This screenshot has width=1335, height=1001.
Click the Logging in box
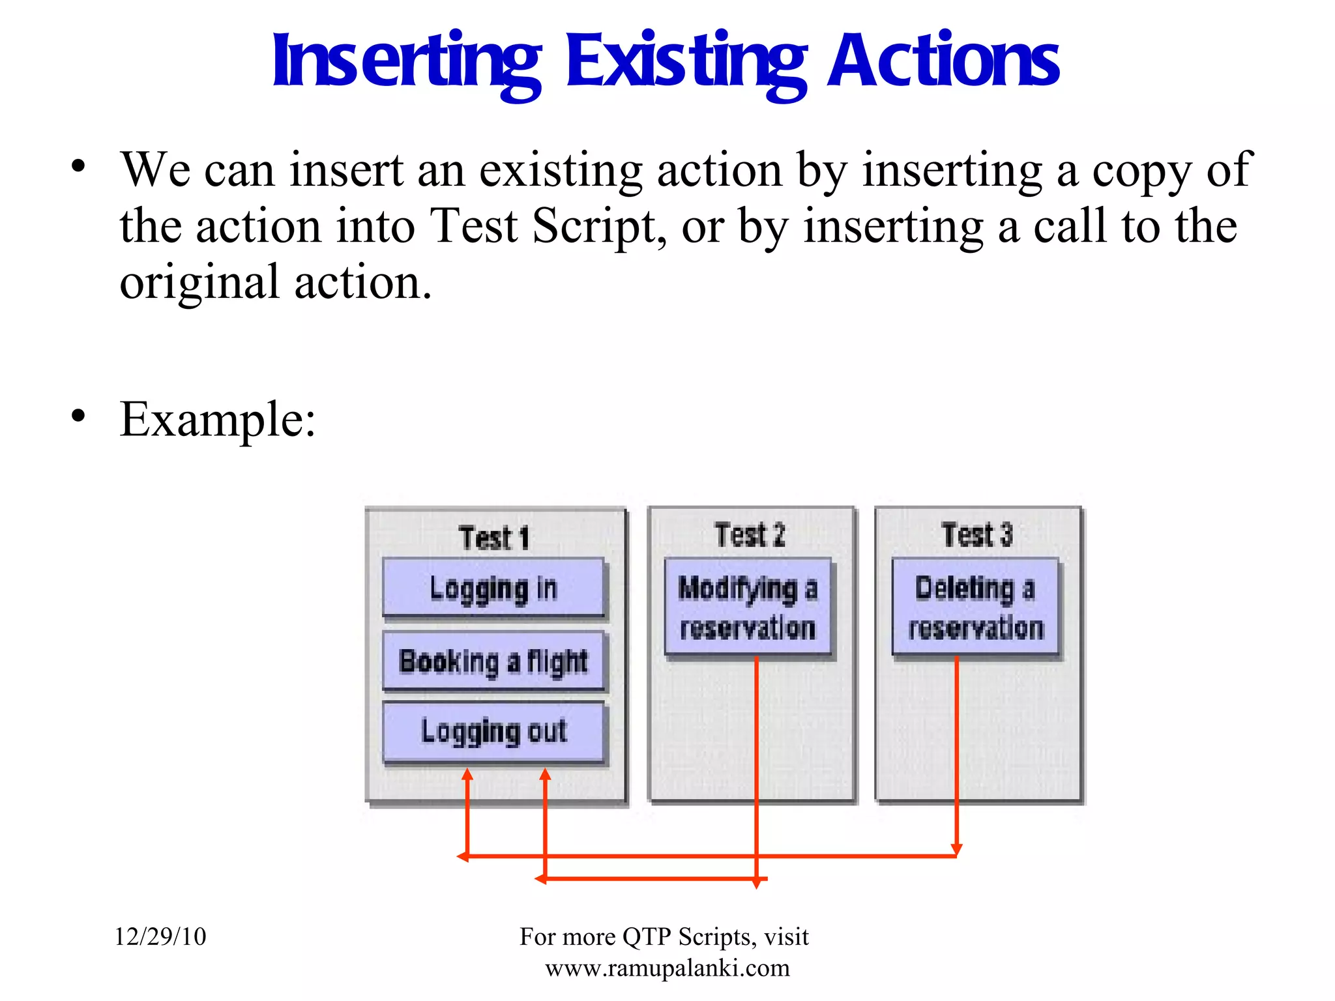pyautogui.click(x=493, y=587)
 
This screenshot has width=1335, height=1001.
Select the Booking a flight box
pyautogui.click(x=493, y=661)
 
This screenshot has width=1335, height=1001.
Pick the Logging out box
pyautogui.click(x=493, y=731)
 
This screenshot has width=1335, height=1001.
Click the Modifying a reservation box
pyautogui.click(x=748, y=607)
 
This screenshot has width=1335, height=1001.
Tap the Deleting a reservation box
pyautogui.click(x=975, y=607)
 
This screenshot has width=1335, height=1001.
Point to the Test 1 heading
pyautogui.click(x=493, y=538)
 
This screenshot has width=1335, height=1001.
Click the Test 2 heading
pyautogui.click(x=750, y=535)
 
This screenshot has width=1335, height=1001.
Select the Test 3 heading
pyautogui.click(x=976, y=535)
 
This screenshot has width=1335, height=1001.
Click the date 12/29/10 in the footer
pyautogui.click(x=160, y=936)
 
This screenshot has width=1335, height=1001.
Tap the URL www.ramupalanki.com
pyautogui.click(x=667, y=968)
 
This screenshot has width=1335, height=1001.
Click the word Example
pyautogui.click(x=218, y=419)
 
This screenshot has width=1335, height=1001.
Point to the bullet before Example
pyautogui.click(x=78, y=416)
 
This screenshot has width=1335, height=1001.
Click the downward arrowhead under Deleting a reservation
pyautogui.click(x=956, y=849)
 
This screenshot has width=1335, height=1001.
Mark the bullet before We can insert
pyautogui.click(x=78, y=166)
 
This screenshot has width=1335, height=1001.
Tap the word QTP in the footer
pyautogui.click(x=647, y=936)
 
